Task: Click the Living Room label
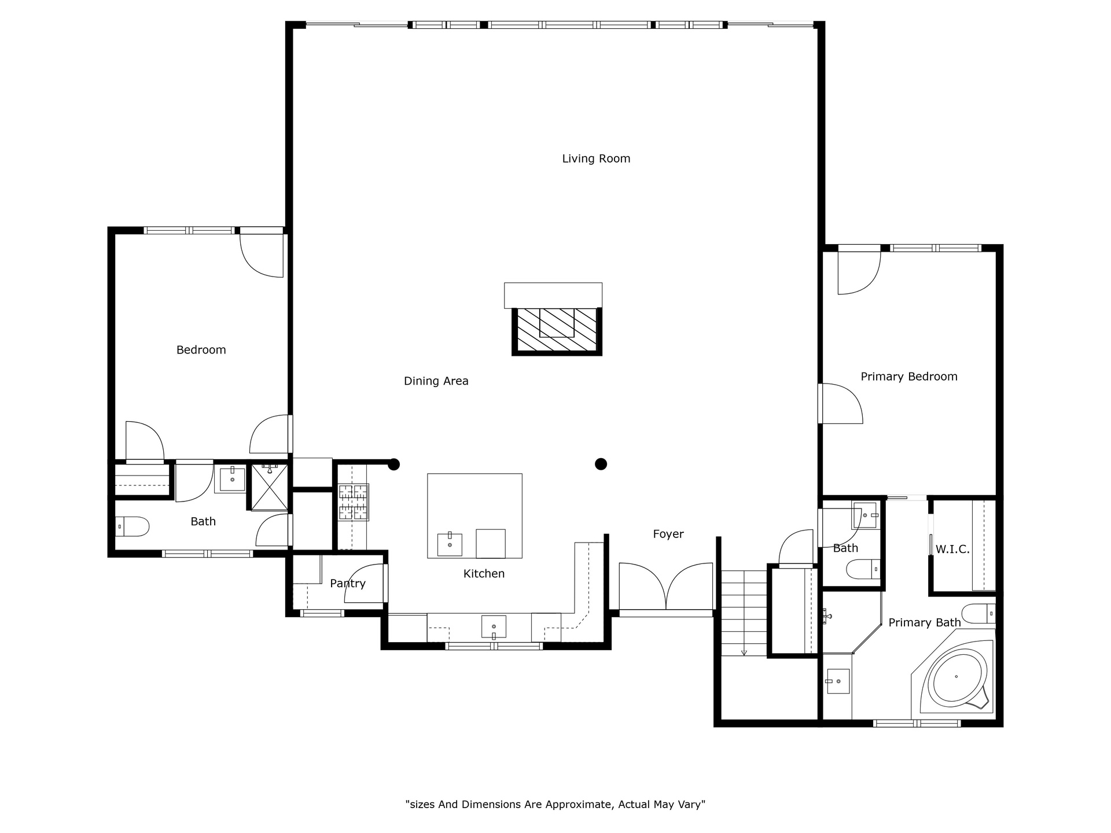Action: click(x=596, y=159)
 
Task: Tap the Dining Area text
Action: click(x=436, y=381)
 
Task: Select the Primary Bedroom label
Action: click(x=909, y=377)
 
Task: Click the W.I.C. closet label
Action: click(x=952, y=549)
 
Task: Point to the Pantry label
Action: click(x=348, y=583)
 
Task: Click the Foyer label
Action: click(x=668, y=535)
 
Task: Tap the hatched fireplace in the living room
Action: click(x=557, y=330)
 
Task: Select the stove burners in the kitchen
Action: click(x=354, y=502)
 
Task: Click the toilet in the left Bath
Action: click(x=133, y=526)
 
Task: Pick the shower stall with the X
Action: click(x=269, y=487)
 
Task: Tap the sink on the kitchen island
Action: click(x=450, y=544)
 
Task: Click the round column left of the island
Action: click(x=394, y=464)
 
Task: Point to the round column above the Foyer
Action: click(x=601, y=464)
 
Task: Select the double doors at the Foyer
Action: click(x=666, y=587)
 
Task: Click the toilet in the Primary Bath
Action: click(x=978, y=613)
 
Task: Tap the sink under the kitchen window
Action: click(x=494, y=626)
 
